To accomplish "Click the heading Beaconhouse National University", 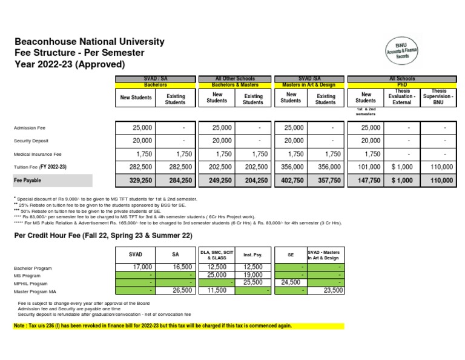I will pyautogui.click(x=89, y=42).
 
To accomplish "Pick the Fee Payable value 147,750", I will pyautogui.click(x=368, y=180).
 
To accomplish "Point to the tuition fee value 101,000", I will pyautogui.click(x=368, y=167).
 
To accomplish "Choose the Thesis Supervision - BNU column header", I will pyautogui.click(x=438, y=97).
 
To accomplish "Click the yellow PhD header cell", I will pyautogui.click(x=402, y=85).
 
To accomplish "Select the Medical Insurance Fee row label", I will pyautogui.click(x=38, y=154).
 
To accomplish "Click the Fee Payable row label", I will pyautogui.click(x=28, y=180).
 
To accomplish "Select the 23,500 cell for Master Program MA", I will pyautogui.click(x=331, y=290).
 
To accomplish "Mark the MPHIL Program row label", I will pyautogui.click(x=31, y=283).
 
